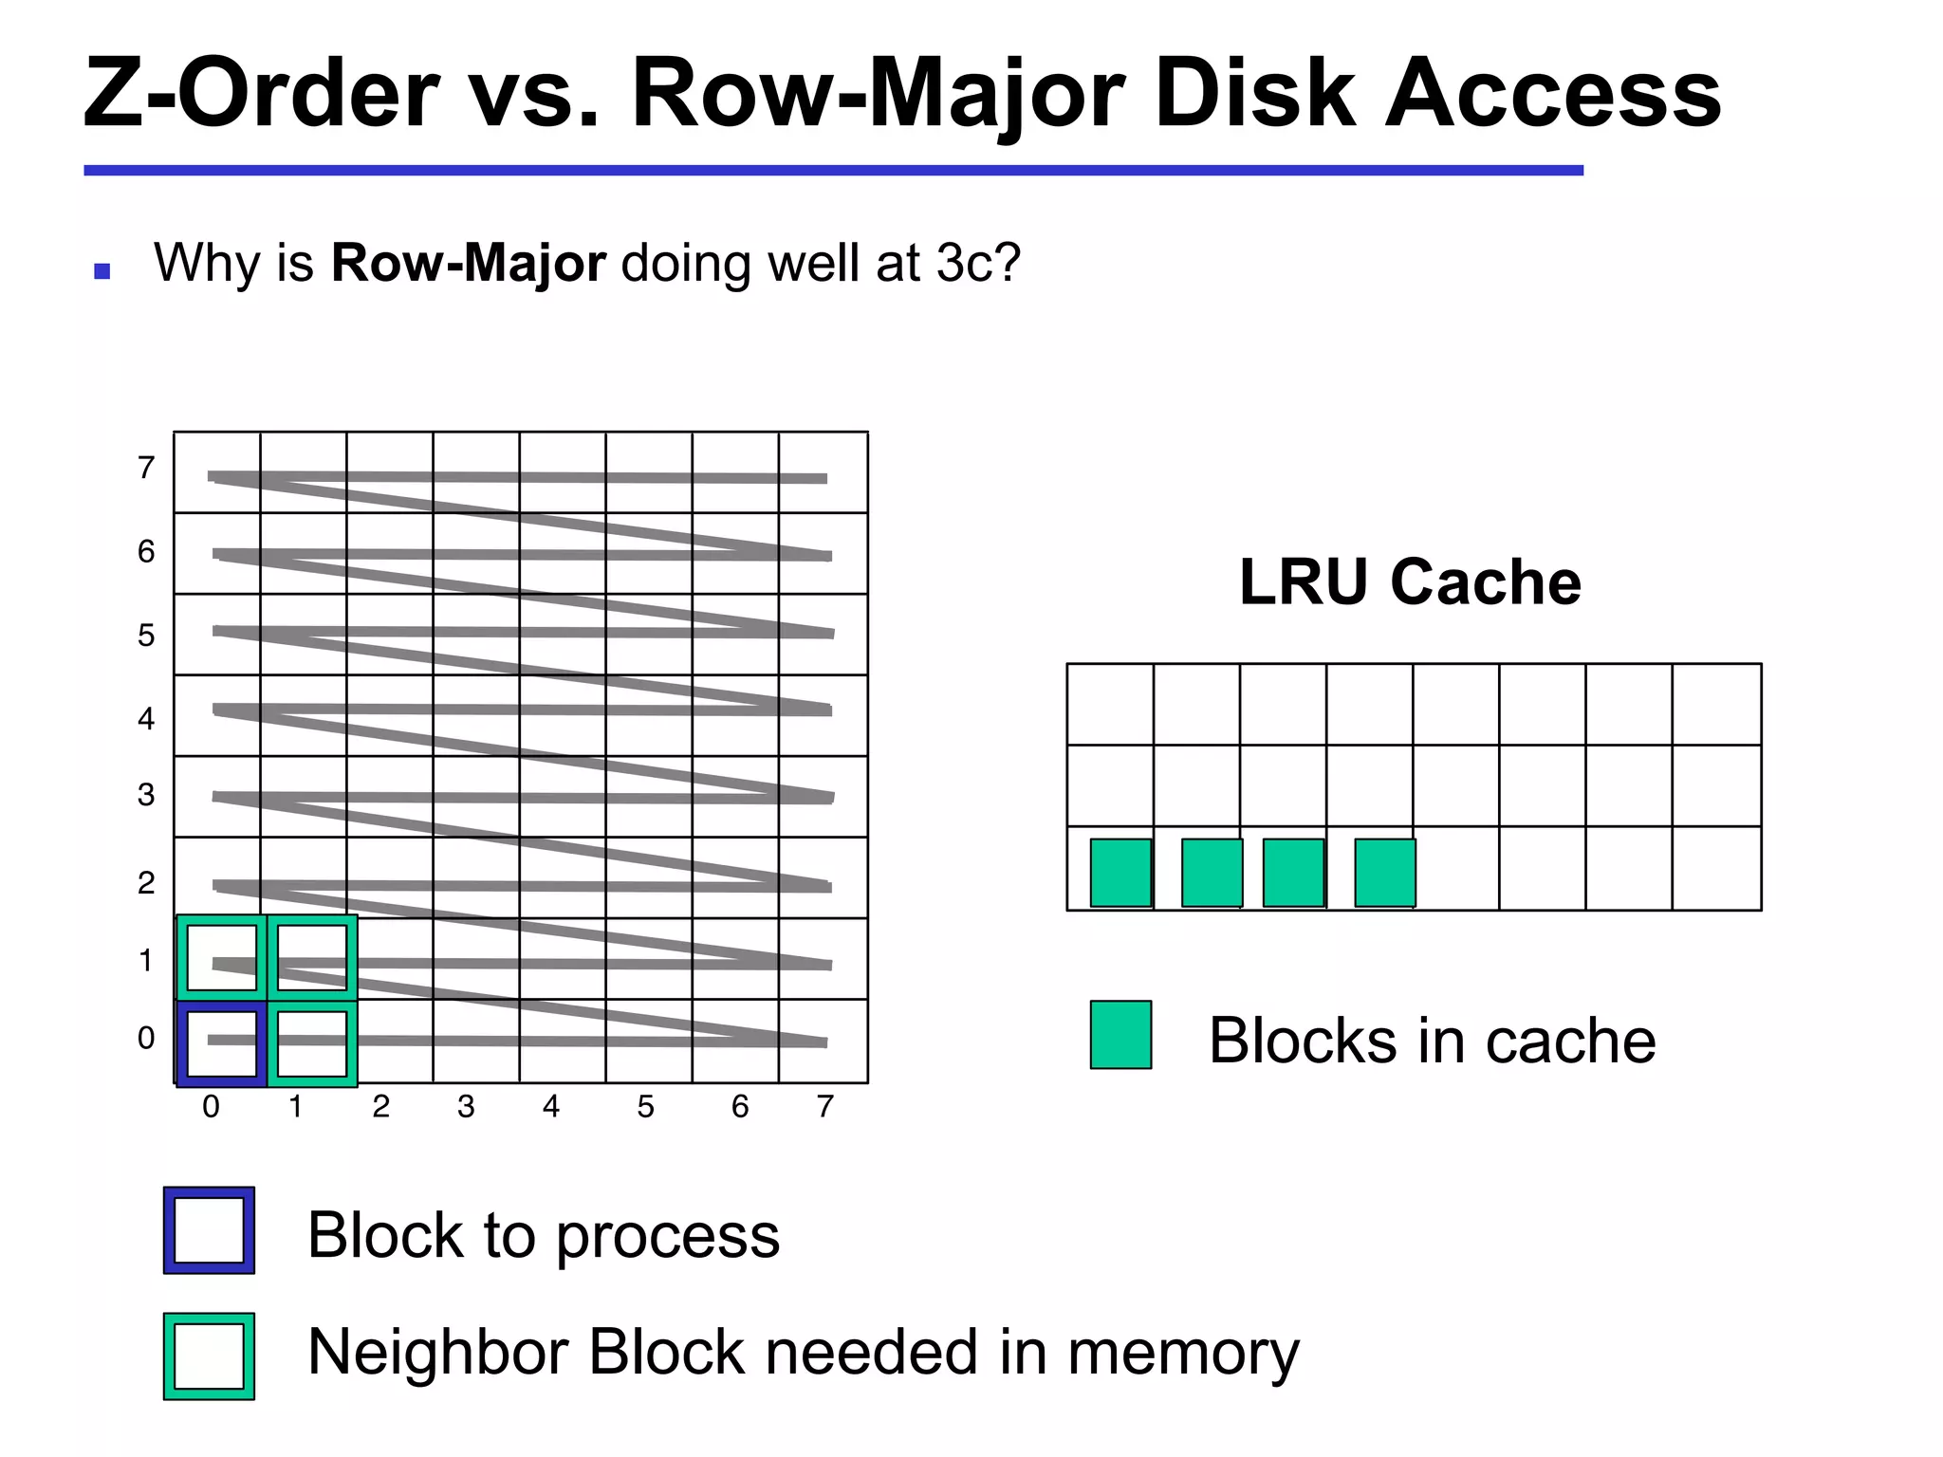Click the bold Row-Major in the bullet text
pos(468,263)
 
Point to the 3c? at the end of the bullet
pos(978,263)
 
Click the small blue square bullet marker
pos(102,272)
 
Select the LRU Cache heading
pos(1410,581)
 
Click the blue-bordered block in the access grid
pos(221,1042)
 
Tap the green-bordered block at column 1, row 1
pos(312,957)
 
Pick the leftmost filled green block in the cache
pos(1120,873)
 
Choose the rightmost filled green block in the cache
pos(1385,873)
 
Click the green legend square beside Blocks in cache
pos(1120,1035)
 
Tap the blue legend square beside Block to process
pos(209,1230)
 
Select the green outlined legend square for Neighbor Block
pos(209,1356)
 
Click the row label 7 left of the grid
pos(146,468)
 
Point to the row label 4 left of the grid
pos(146,719)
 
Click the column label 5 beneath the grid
pos(645,1107)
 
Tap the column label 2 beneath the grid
pos(381,1107)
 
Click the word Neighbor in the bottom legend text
pos(437,1352)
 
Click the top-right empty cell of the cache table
pos(1716,704)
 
